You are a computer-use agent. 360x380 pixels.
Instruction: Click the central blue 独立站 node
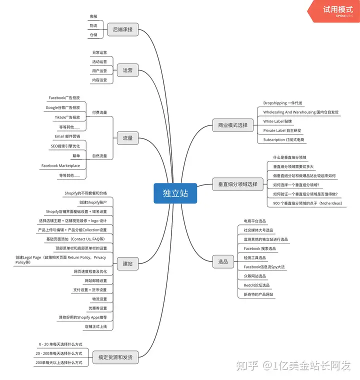pos(175,193)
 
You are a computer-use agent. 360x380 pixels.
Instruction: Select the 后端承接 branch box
pos(122,29)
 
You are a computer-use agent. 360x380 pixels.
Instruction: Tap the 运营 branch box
pos(127,70)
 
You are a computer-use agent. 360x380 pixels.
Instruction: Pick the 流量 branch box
pos(127,138)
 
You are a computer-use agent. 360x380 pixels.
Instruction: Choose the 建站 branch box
pos(127,263)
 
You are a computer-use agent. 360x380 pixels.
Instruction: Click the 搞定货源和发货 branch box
pos(115,357)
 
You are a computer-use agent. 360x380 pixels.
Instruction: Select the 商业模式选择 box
pos(232,125)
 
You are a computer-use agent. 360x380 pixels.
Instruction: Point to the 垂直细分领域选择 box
pos(237,184)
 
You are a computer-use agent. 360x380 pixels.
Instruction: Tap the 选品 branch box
pos(223,261)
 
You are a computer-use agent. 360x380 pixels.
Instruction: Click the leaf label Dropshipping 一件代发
pos(282,103)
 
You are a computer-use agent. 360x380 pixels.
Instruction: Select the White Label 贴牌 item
pos(277,121)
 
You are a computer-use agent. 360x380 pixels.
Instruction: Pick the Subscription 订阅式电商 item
pos(283,139)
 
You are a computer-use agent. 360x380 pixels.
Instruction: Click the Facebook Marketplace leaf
pos(60,166)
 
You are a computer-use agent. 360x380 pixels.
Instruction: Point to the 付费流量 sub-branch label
pos(99,112)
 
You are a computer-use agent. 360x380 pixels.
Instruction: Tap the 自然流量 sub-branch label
pos(99,156)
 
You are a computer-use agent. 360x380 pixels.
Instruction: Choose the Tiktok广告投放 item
pos(67,117)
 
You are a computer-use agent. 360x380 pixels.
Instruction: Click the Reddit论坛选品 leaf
pos(256,285)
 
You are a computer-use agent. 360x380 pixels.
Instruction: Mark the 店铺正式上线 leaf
pos(96,326)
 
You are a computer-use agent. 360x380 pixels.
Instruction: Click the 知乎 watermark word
pos(247,365)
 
